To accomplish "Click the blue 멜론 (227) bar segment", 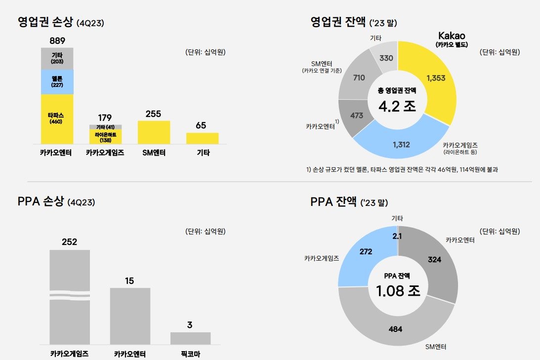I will coord(57,81).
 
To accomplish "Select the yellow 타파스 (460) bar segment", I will coord(57,119).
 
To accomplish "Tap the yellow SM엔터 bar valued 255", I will coord(154,132).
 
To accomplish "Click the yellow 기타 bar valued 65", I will coord(202,138).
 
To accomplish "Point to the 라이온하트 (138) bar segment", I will coord(105,137).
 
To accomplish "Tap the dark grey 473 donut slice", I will coord(356,116).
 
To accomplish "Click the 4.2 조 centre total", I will coord(397,106).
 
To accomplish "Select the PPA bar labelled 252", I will coord(70,296).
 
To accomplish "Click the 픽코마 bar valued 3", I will coord(190,338).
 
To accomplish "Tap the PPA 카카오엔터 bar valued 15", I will coord(130,316).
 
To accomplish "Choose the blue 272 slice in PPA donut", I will coord(366,252).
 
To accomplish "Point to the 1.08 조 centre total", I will coord(398,291).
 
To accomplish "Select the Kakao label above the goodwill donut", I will coord(452,36).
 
